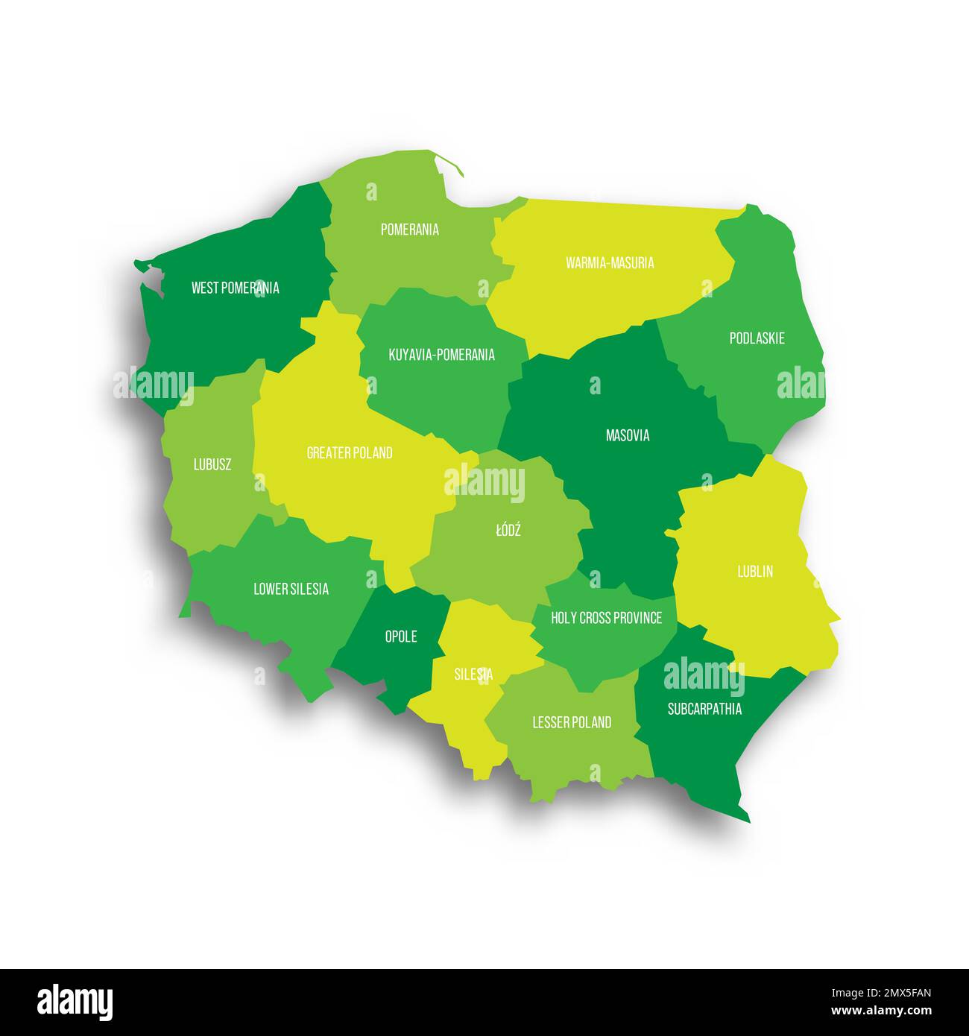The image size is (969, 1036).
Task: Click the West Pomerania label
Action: pyautogui.click(x=235, y=288)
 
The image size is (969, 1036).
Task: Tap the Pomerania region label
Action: pyautogui.click(x=409, y=230)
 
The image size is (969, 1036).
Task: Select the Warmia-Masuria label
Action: pyautogui.click(x=610, y=262)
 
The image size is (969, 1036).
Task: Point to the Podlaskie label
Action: pyautogui.click(x=757, y=338)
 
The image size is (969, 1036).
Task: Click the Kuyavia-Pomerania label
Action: pyautogui.click(x=441, y=355)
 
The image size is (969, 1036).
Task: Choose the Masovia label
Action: pyautogui.click(x=627, y=435)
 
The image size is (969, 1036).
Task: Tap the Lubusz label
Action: pyautogui.click(x=212, y=464)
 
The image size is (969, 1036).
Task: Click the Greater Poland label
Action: pyautogui.click(x=350, y=452)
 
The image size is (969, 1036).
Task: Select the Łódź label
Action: pyautogui.click(x=508, y=531)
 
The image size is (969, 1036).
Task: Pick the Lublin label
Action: pyautogui.click(x=754, y=572)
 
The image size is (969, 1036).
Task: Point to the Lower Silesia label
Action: pyautogui.click(x=291, y=589)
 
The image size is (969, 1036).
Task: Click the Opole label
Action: pyautogui.click(x=400, y=637)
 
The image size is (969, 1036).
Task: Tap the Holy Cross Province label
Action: pyautogui.click(x=606, y=618)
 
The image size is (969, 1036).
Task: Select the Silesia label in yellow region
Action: pyautogui.click(x=473, y=675)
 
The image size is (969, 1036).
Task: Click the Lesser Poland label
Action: pyautogui.click(x=572, y=722)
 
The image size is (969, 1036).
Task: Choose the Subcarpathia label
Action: pyautogui.click(x=704, y=709)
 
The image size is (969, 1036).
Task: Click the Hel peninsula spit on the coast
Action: pyautogui.click(x=449, y=164)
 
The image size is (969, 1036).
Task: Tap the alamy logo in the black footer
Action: pyautogui.click(x=75, y=1002)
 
